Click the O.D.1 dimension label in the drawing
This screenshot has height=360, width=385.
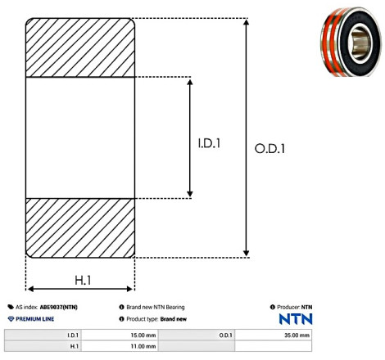269,149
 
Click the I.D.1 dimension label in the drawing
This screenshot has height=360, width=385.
209,143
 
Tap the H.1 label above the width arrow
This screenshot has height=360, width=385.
83,281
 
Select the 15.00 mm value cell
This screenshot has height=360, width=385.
120,335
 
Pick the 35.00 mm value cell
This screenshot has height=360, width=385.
273,335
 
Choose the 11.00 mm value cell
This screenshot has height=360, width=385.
120,346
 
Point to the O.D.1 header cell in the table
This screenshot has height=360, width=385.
197,335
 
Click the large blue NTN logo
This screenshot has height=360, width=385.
296,319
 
